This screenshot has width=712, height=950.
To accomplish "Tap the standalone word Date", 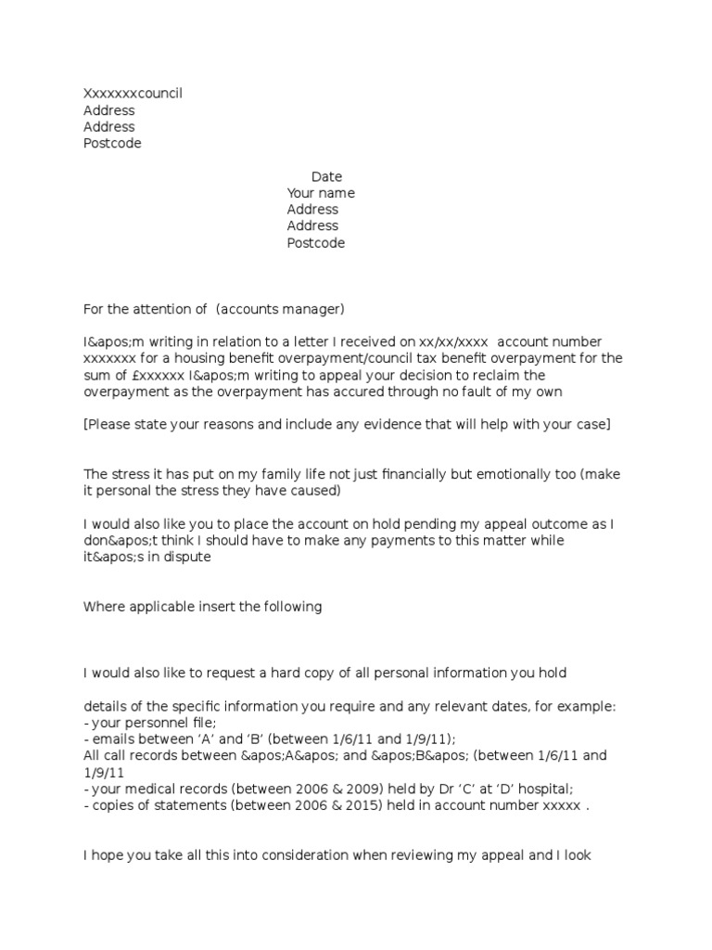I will tap(326, 176).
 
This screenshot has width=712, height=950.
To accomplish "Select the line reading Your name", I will tap(321, 193).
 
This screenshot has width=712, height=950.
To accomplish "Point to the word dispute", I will tap(187, 557).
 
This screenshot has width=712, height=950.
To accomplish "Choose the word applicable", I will tap(159, 607).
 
